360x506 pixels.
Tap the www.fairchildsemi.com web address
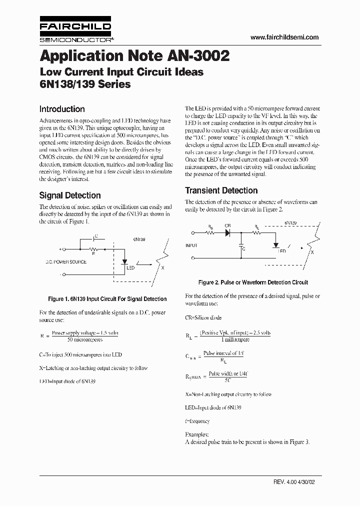click(x=284, y=37)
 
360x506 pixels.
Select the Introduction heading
click(x=62, y=109)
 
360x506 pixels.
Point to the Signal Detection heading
click(x=70, y=195)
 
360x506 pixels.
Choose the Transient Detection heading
click(x=221, y=190)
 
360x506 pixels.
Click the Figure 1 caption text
click(x=107, y=299)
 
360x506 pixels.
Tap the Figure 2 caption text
click(x=253, y=282)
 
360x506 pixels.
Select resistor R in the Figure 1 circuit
click(x=93, y=248)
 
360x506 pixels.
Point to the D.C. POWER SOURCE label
click(x=66, y=262)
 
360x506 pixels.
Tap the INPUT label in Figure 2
click(x=191, y=245)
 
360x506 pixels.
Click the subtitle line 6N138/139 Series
click(x=85, y=84)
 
